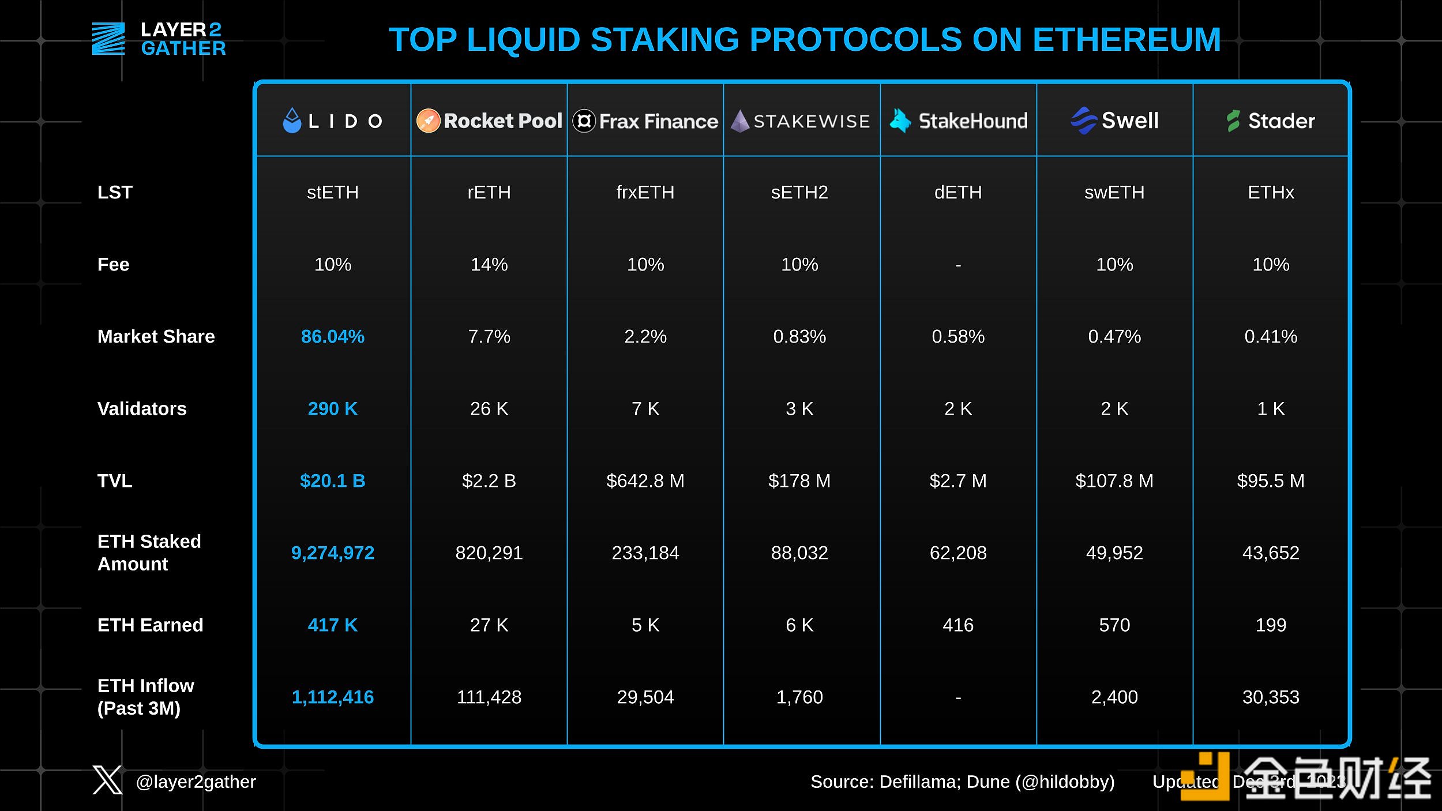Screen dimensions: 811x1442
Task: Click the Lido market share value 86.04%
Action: click(333, 336)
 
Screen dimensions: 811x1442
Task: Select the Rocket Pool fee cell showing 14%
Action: click(489, 264)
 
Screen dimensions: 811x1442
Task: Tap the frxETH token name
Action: click(645, 192)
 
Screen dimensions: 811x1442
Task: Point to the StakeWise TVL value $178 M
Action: click(799, 480)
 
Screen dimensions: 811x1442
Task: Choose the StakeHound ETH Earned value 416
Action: click(958, 625)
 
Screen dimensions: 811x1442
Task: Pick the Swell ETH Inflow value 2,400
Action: click(1114, 697)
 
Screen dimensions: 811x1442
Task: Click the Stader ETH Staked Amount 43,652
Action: click(1271, 553)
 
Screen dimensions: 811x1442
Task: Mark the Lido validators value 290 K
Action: click(333, 408)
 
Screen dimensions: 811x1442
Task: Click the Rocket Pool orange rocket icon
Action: click(429, 121)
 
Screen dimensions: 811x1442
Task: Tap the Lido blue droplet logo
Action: click(292, 121)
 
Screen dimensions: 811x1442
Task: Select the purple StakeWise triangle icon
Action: click(740, 121)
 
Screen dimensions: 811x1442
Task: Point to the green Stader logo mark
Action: click(1233, 121)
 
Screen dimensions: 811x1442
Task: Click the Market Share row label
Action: click(156, 336)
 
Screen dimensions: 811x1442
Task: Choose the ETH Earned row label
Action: click(150, 625)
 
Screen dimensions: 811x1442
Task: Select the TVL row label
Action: click(115, 480)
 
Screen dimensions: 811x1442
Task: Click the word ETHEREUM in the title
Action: click(1126, 40)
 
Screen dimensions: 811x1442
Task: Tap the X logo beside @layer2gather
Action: click(107, 780)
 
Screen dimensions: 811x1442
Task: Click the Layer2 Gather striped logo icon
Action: click(108, 39)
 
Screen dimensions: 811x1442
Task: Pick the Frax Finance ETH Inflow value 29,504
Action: click(645, 697)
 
